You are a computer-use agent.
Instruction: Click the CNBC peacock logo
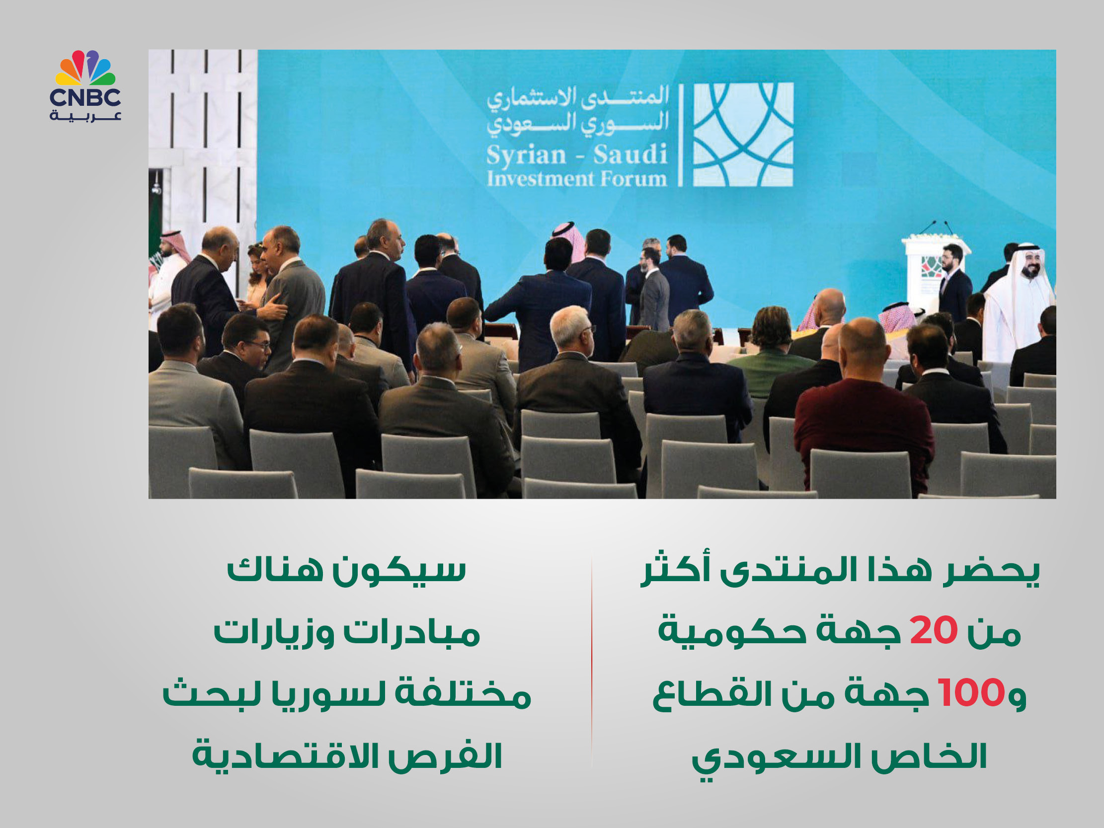coord(85,68)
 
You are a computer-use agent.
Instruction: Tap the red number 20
coord(933,631)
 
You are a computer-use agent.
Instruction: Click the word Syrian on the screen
coord(526,155)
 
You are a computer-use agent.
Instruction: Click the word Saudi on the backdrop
coord(631,154)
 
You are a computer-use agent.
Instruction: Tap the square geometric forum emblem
coord(743,135)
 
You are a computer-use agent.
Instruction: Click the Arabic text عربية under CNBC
coord(85,116)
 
